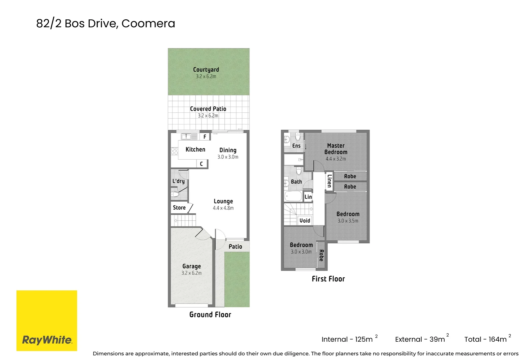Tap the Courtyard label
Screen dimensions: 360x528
coord(206,70)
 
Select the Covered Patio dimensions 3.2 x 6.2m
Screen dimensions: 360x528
coord(208,116)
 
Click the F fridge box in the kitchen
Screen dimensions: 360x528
coord(205,137)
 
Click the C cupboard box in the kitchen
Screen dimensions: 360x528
coord(201,164)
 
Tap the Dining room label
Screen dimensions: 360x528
coord(228,150)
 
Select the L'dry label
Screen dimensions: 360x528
coord(178,181)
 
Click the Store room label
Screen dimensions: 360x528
coord(179,208)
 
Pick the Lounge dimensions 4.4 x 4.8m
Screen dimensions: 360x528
coord(223,208)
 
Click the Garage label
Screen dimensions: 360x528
coord(191,266)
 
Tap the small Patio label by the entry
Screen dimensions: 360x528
coord(235,247)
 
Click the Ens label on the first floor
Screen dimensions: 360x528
coord(296,146)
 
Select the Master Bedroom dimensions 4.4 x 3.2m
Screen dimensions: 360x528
coord(336,159)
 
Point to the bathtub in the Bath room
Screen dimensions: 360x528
coord(293,196)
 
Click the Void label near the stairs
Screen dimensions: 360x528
coord(305,221)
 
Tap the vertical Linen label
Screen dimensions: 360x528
coord(329,181)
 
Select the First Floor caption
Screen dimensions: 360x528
coord(328,279)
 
